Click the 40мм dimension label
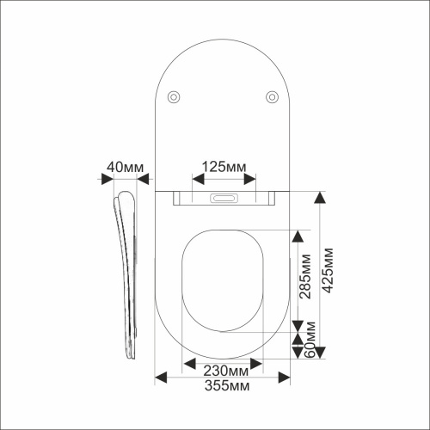(x=125, y=167)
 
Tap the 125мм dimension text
(x=224, y=167)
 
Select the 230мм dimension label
(x=226, y=371)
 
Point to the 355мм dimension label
(x=227, y=385)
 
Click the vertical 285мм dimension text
(x=304, y=276)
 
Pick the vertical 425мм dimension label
(x=328, y=270)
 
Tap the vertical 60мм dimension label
(x=310, y=340)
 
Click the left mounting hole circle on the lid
(x=174, y=97)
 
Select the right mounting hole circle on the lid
(x=272, y=97)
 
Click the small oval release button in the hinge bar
(x=224, y=198)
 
